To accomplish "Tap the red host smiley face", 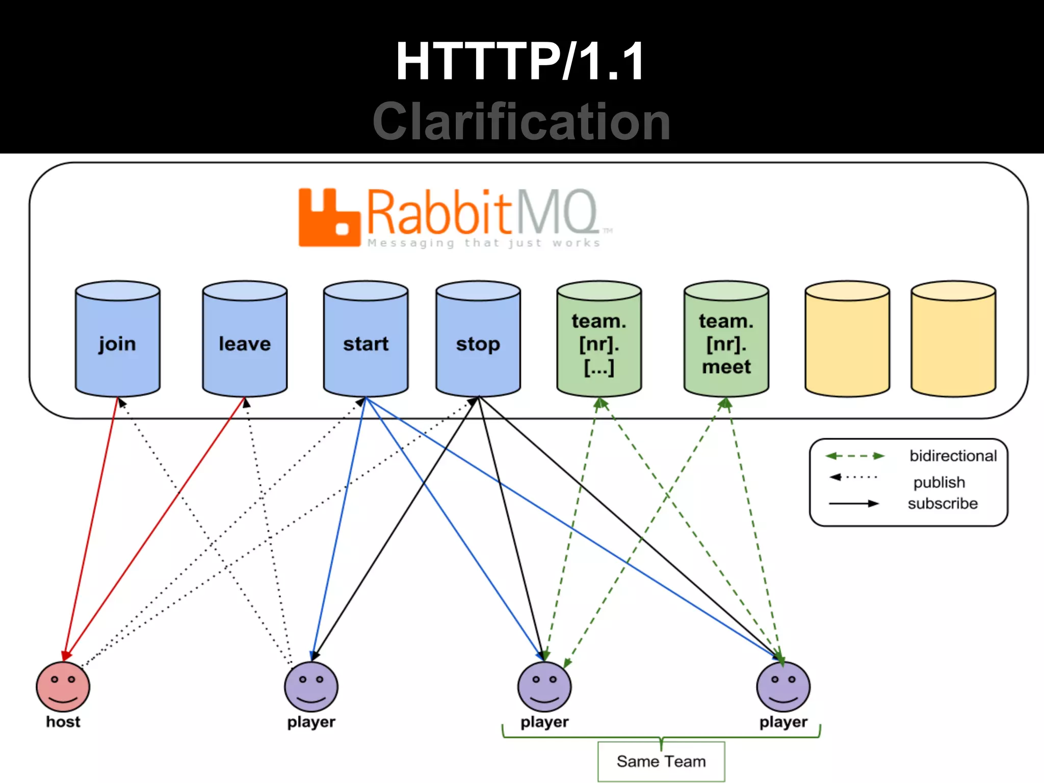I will point(63,687).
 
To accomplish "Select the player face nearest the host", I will point(311,687).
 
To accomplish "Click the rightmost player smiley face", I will point(783,687).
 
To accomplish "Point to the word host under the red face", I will point(63,722).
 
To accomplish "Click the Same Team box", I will point(661,762).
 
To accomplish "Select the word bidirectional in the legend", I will point(953,456).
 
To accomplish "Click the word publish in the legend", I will point(939,482).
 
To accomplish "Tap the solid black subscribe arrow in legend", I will point(854,504).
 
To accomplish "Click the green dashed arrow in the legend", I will point(855,456).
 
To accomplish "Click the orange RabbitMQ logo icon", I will point(329,218).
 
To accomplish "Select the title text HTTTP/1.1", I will point(520,62).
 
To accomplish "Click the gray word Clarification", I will point(521,122).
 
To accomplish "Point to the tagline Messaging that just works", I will point(484,243).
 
